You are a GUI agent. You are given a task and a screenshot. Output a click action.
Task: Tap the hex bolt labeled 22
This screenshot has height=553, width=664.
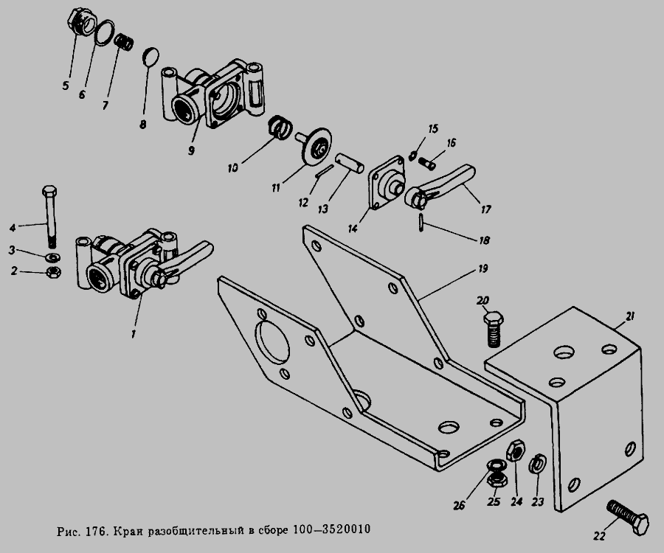pos(629,517)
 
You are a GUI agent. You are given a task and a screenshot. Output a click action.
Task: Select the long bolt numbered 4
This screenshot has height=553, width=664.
pos(49,216)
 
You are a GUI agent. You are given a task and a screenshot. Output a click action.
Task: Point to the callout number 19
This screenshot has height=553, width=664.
pos(483,268)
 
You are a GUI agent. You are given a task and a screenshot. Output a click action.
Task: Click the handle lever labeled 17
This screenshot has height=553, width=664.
pos(440,186)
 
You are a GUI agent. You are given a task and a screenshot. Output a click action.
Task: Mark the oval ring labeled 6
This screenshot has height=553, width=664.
pos(104,32)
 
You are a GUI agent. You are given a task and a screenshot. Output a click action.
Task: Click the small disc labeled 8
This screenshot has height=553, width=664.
pos(151,58)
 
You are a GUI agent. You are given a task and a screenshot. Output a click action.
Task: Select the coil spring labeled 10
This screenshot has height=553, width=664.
pos(280,126)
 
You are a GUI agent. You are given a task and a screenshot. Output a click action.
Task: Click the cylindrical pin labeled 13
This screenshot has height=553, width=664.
pos(350,163)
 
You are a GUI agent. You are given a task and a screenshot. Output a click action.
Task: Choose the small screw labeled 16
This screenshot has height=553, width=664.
pos(427,162)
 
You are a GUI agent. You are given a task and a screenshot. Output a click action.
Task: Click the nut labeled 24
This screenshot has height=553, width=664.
pos(516,451)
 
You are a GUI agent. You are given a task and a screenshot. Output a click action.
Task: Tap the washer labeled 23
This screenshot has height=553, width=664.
pos(537,464)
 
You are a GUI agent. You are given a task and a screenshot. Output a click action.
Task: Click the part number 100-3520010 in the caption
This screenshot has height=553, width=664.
pos(331,529)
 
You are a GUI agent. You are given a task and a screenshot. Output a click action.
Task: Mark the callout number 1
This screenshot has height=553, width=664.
pos(134,333)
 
